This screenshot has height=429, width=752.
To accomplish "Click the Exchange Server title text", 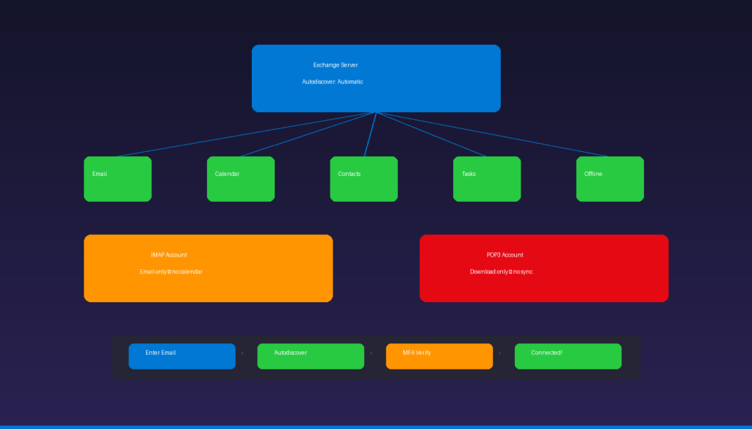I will [x=336, y=65].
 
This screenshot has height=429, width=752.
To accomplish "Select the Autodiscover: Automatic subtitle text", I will [x=332, y=81].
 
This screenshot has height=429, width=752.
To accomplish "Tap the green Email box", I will [x=117, y=179].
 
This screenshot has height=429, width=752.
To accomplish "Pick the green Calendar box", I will [x=241, y=179].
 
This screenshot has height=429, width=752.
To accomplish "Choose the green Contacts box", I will [x=364, y=179].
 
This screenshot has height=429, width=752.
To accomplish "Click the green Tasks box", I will [x=487, y=179].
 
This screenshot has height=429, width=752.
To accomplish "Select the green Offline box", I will [x=610, y=179].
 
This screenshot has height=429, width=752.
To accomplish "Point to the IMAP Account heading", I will [x=169, y=255].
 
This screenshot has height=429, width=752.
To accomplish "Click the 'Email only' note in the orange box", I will [x=170, y=271].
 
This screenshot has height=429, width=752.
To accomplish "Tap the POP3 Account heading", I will [x=505, y=255].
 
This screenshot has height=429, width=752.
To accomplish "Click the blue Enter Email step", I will [x=182, y=356].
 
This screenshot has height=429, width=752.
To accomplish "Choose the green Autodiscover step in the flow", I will [x=311, y=356].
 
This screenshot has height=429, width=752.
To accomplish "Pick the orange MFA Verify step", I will [x=439, y=356].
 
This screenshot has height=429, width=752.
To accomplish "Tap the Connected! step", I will [x=568, y=356].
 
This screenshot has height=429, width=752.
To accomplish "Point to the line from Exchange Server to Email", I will [x=247, y=134].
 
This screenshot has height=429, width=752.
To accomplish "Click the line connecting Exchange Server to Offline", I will [x=493, y=134].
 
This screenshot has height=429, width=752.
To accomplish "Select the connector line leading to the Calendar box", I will [x=308, y=134].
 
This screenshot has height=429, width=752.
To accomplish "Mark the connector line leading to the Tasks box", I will [x=431, y=134].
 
